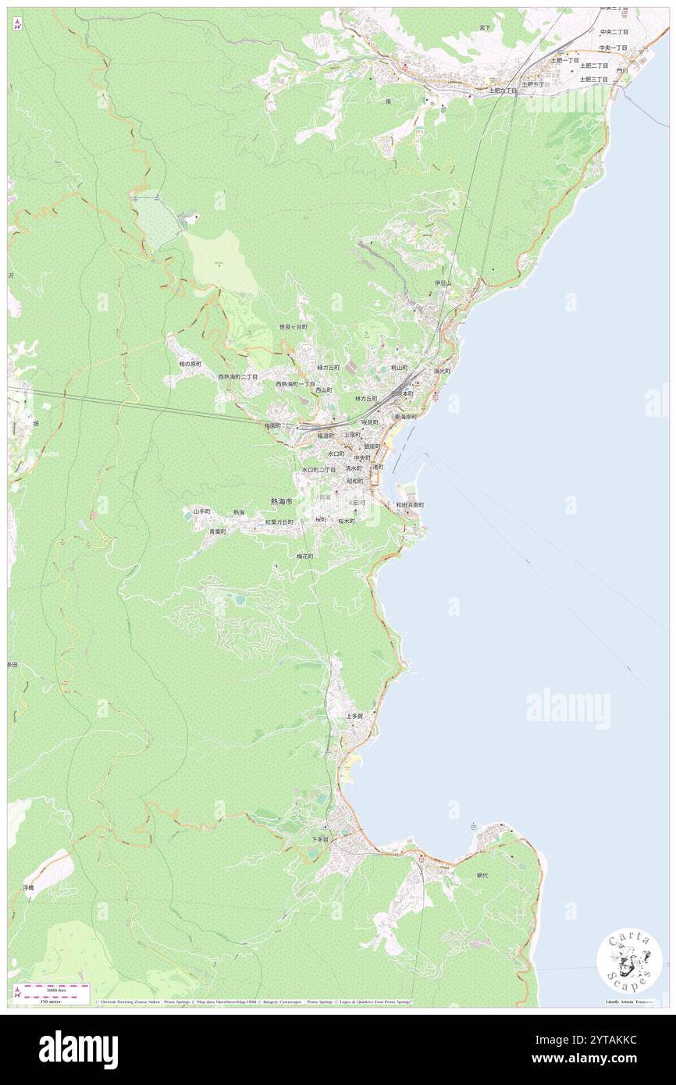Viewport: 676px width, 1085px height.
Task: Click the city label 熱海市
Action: [281, 501]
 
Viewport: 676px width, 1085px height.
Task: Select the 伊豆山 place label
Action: [443, 283]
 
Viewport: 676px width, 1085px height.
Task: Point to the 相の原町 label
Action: [190, 364]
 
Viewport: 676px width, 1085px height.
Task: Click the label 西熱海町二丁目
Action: [237, 376]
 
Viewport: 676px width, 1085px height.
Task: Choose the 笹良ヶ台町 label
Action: [293, 327]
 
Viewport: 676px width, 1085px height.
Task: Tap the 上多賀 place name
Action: [355, 715]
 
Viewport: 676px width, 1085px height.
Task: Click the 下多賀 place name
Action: [320, 839]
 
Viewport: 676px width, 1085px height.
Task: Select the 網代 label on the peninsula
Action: [487, 876]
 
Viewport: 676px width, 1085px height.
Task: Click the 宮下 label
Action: [486, 28]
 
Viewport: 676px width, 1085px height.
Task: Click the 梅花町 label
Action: [304, 556]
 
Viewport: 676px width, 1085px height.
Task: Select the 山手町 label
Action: [201, 510]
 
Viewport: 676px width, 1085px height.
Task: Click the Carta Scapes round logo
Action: [629, 960]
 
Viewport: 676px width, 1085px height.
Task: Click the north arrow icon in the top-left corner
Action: [16, 23]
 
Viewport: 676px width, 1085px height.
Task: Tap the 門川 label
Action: [621, 70]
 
